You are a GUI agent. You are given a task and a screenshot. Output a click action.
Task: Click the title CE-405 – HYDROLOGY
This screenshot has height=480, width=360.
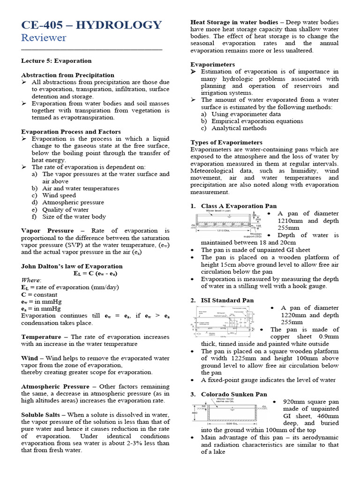91,25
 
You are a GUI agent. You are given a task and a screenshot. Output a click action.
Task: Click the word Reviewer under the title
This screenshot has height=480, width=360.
44,38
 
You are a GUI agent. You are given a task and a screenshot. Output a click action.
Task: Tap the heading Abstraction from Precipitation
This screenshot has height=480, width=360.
67,75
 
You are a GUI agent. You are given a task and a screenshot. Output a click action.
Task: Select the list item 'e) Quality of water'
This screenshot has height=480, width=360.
60,210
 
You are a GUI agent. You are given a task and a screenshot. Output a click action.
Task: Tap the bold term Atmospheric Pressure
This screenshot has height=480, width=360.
55,387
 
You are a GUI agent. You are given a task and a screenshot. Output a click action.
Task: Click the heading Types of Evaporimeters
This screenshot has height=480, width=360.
226,142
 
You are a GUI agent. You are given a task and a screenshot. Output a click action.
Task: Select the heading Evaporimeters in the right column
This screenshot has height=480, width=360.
212,65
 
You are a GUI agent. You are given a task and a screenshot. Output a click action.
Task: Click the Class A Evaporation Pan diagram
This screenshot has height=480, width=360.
228,224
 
